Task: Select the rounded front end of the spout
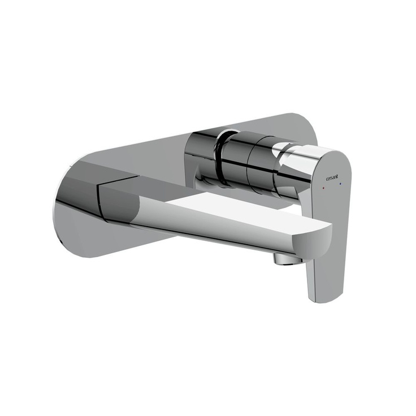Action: click(319, 240)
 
